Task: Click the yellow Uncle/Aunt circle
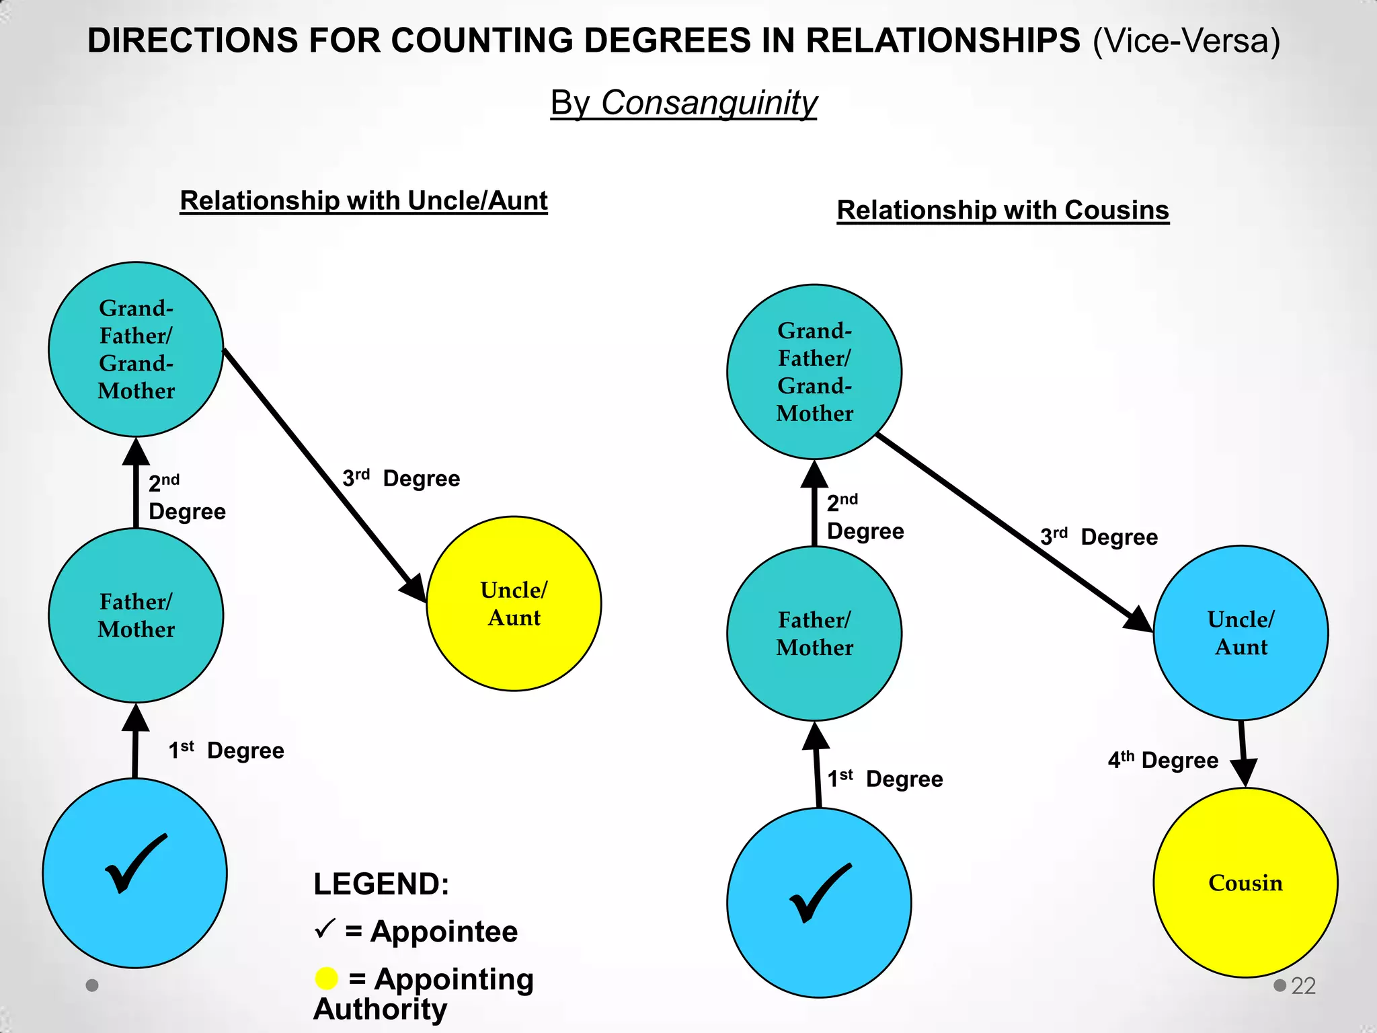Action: click(x=514, y=603)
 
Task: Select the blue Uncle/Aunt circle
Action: click(x=1241, y=633)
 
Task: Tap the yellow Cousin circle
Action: click(x=1245, y=882)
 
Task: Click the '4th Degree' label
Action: click(x=1163, y=760)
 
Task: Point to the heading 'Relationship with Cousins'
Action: click(x=1003, y=211)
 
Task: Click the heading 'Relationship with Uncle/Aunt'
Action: click(x=364, y=201)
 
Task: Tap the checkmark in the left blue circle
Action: click(x=136, y=864)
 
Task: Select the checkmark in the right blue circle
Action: click(x=821, y=893)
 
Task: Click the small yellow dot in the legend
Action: click(x=327, y=979)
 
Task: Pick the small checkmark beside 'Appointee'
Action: click(x=325, y=929)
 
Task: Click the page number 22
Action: click(x=1303, y=986)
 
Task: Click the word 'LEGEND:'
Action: click(x=381, y=884)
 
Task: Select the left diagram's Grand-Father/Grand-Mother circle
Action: click(x=136, y=349)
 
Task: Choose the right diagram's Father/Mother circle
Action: click(x=814, y=633)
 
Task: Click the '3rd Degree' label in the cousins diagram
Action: click(x=1099, y=537)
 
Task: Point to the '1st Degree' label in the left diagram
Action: click(x=226, y=750)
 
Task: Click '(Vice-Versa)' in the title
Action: click(x=1187, y=42)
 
